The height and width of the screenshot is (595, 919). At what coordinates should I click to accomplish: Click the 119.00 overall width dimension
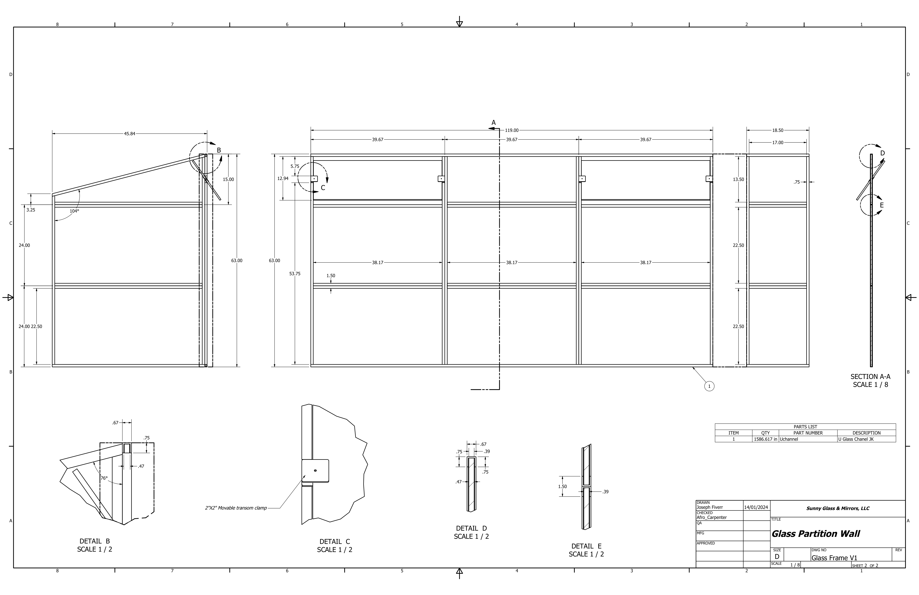point(512,131)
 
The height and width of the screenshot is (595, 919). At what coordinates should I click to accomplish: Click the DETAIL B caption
point(95,541)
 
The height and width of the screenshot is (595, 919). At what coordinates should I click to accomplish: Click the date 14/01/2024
point(756,507)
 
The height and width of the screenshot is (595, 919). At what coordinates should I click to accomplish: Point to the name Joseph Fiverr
point(710,507)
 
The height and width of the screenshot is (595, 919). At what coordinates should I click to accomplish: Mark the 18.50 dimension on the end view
point(778,131)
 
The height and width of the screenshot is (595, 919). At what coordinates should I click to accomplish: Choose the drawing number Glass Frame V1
point(834,558)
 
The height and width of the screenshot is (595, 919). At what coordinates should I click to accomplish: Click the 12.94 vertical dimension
point(283,178)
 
